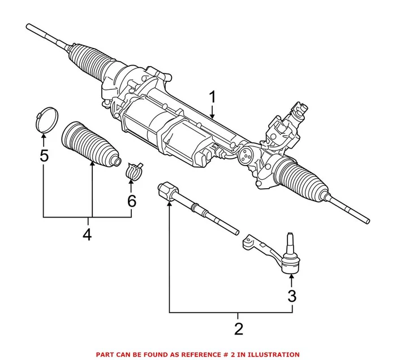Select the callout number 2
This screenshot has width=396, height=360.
click(238, 328)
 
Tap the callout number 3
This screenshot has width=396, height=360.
click(291, 295)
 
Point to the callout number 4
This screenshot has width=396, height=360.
click(87, 233)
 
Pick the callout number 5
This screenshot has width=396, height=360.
click(44, 155)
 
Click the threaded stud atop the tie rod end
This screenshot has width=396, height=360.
click(290, 240)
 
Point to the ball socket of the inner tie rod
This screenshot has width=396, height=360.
click(168, 190)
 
